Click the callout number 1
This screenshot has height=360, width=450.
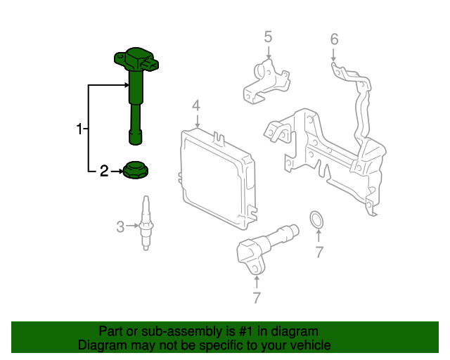click(79, 129)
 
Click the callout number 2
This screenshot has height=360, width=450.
click(104, 170)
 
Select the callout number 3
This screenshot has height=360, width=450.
click(120, 226)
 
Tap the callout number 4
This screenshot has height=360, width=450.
click(197, 105)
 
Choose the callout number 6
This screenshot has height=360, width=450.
click(334, 39)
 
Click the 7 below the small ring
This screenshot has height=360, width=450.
click(319, 251)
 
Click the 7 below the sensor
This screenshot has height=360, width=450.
click(257, 297)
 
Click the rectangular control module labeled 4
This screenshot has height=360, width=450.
click(214, 179)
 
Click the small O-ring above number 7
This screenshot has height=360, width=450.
click(318, 221)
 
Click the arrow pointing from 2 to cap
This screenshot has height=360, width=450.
click(116, 170)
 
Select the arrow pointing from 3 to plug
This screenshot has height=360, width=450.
click(132, 226)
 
